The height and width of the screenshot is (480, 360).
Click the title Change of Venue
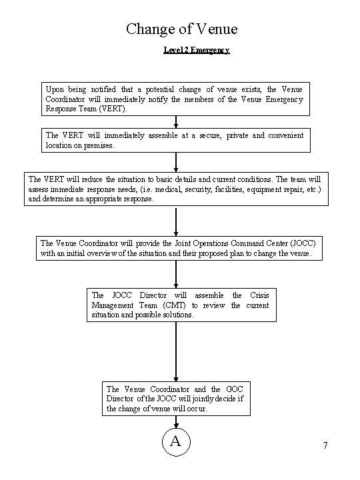(182, 29)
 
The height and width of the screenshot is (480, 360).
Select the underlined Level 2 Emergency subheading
(197, 50)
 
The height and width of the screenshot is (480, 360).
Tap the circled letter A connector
(176, 442)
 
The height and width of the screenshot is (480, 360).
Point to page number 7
(325, 445)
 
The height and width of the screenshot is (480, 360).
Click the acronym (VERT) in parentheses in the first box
(113, 109)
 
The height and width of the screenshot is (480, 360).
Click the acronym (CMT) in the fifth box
(174, 305)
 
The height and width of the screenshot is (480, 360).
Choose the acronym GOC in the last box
(235, 389)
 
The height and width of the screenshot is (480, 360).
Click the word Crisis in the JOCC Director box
(259, 295)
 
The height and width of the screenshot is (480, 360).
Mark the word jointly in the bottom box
(203, 399)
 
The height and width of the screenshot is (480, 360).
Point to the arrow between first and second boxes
(176, 122)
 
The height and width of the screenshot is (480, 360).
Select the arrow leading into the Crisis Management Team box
(176, 274)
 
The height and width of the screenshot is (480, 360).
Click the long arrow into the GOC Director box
(176, 352)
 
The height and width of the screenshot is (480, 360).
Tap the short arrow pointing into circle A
(176, 422)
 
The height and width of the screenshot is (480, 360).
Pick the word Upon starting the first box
(55, 90)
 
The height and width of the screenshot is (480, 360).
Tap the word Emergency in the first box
(285, 99)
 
